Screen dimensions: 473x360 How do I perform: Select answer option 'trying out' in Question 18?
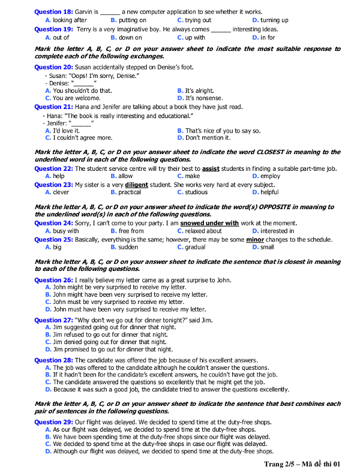click(197, 20)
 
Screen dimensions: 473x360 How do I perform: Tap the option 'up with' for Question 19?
click(195, 37)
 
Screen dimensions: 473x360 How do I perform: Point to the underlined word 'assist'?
click(211, 169)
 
